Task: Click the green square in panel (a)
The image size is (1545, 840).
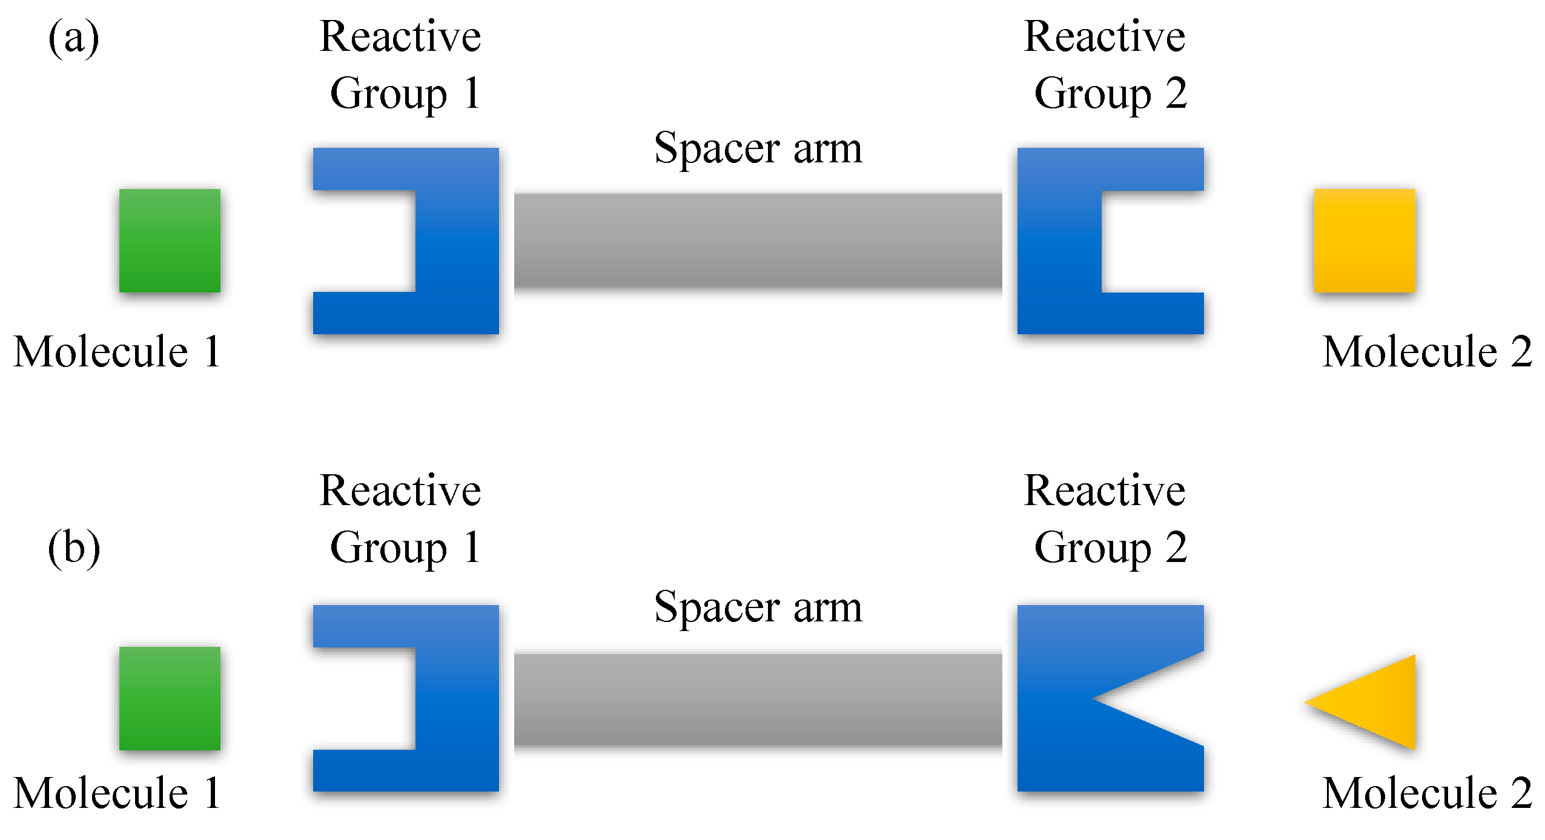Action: (x=170, y=240)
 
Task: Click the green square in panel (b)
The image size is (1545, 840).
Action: (x=170, y=698)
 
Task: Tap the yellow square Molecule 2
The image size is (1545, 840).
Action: (x=1364, y=240)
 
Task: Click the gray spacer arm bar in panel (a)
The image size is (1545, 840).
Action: (x=758, y=240)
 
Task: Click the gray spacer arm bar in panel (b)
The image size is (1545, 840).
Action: (x=758, y=699)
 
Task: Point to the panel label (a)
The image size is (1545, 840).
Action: (x=73, y=38)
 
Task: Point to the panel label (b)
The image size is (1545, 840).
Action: (x=73, y=547)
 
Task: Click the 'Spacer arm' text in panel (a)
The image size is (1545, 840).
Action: (x=758, y=148)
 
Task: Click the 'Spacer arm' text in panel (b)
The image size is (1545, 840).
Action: (x=758, y=607)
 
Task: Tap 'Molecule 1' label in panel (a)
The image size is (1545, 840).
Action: (x=117, y=352)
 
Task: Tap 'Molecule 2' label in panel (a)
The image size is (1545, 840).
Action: (x=1427, y=352)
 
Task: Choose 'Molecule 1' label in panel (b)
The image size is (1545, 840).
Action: (x=117, y=793)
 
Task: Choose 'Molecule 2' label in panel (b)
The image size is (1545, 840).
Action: (x=1427, y=793)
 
